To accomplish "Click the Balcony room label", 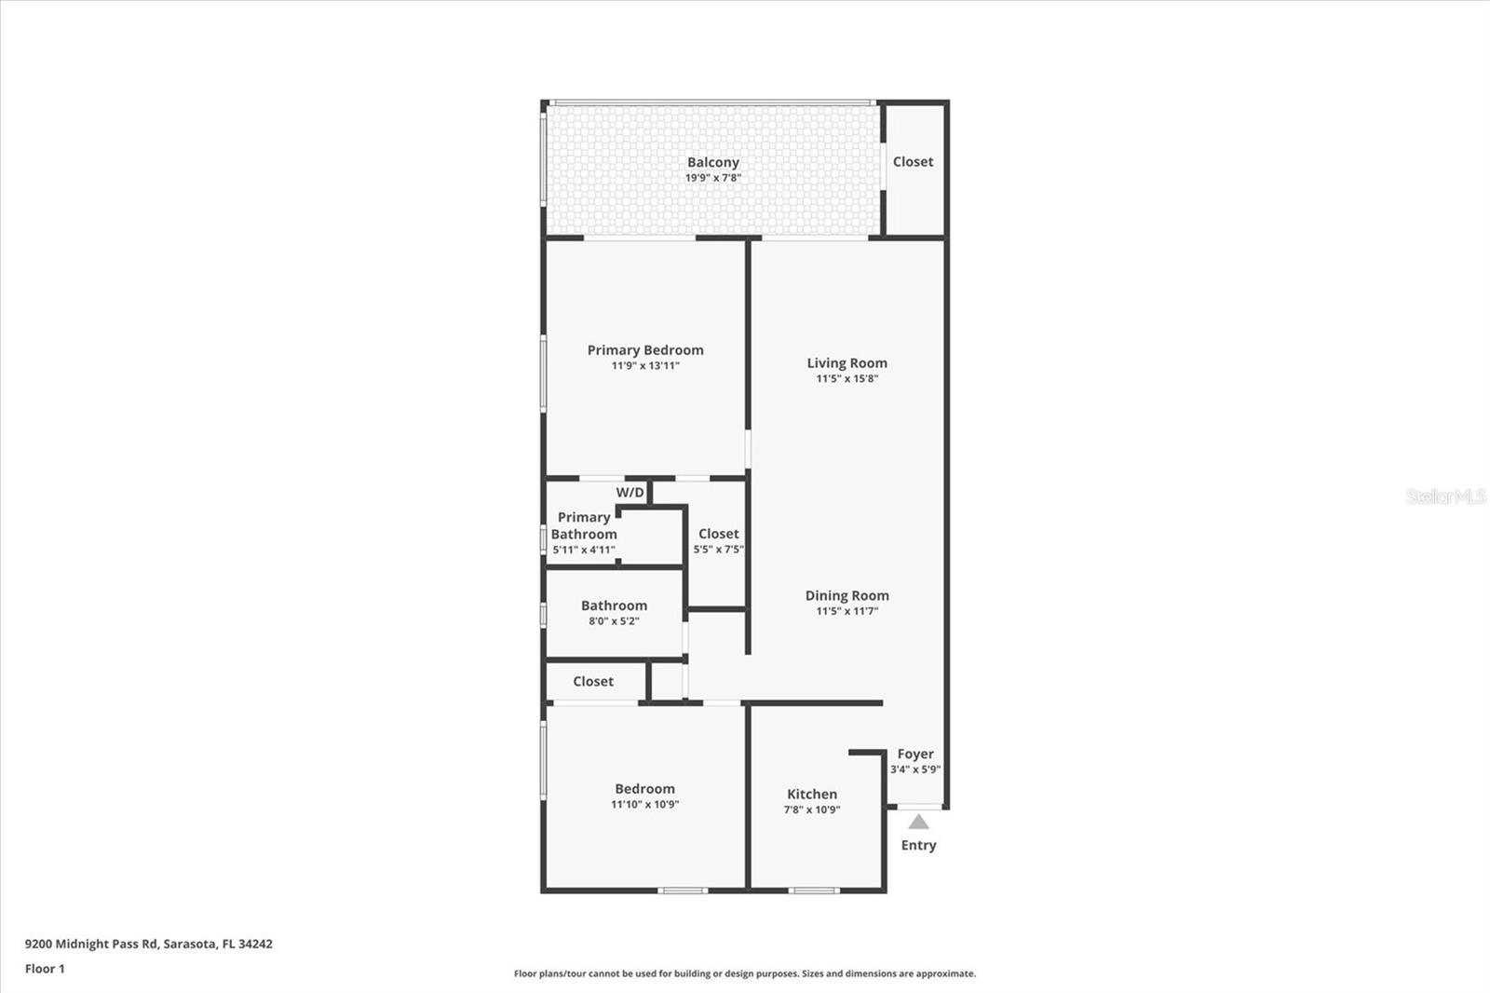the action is [x=713, y=162].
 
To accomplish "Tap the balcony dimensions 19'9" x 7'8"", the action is [x=713, y=178].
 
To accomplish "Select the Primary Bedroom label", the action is [x=645, y=350].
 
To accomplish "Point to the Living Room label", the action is [x=847, y=363].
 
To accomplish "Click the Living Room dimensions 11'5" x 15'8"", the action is [x=847, y=379].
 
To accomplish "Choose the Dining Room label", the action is [x=847, y=596].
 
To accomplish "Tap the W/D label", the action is [x=630, y=493].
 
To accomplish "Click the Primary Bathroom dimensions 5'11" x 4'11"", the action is [x=583, y=550].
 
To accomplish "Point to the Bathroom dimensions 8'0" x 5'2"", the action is [x=614, y=621].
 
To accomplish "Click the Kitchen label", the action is [x=812, y=794].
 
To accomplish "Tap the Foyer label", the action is [x=915, y=755].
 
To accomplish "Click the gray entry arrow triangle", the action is [x=918, y=823].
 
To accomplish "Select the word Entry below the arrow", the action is [x=918, y=845].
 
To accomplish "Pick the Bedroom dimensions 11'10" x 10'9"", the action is [x=645, y=804].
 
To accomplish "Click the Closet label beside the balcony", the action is [x=913, y=162].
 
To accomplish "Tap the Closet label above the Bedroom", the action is [x=593, y=682].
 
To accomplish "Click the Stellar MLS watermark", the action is [x=1445, y=496].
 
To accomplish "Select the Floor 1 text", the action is [x=46, y=969].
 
